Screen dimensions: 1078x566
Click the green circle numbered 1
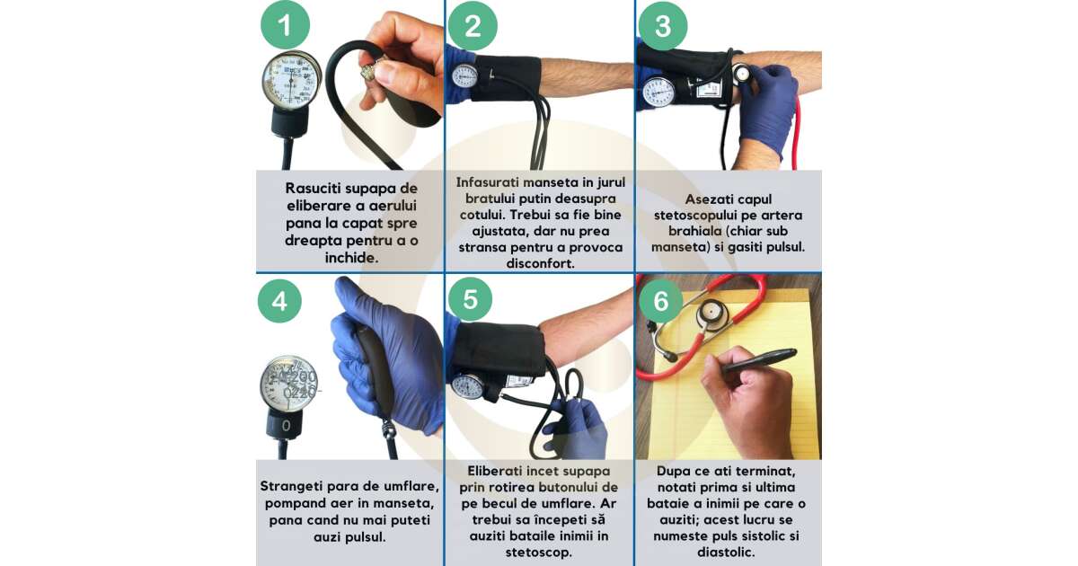click(285, 25)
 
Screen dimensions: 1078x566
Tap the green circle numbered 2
click(473, 26)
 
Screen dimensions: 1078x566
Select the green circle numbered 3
click(663, 26)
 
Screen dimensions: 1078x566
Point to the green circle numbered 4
click(279, 301)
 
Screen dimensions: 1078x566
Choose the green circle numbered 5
click(470, 299)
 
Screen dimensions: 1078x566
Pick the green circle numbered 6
click(661, 301)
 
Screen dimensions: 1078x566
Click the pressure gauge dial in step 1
click(291, 80)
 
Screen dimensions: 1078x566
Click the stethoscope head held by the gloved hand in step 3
click(743, 73)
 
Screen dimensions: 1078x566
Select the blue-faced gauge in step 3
click(658, 92)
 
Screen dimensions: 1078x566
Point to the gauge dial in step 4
click(288, 383)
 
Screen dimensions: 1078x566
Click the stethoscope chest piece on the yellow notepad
click(711, 314)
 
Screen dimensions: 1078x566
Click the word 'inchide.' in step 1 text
click(351, 258)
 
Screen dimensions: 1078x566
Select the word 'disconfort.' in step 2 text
click(540, 263)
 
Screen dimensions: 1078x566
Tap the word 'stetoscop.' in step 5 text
click(538, 552)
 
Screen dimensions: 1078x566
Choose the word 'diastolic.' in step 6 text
click(726, 552)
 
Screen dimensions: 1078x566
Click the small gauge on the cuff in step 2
click(464, 75)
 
